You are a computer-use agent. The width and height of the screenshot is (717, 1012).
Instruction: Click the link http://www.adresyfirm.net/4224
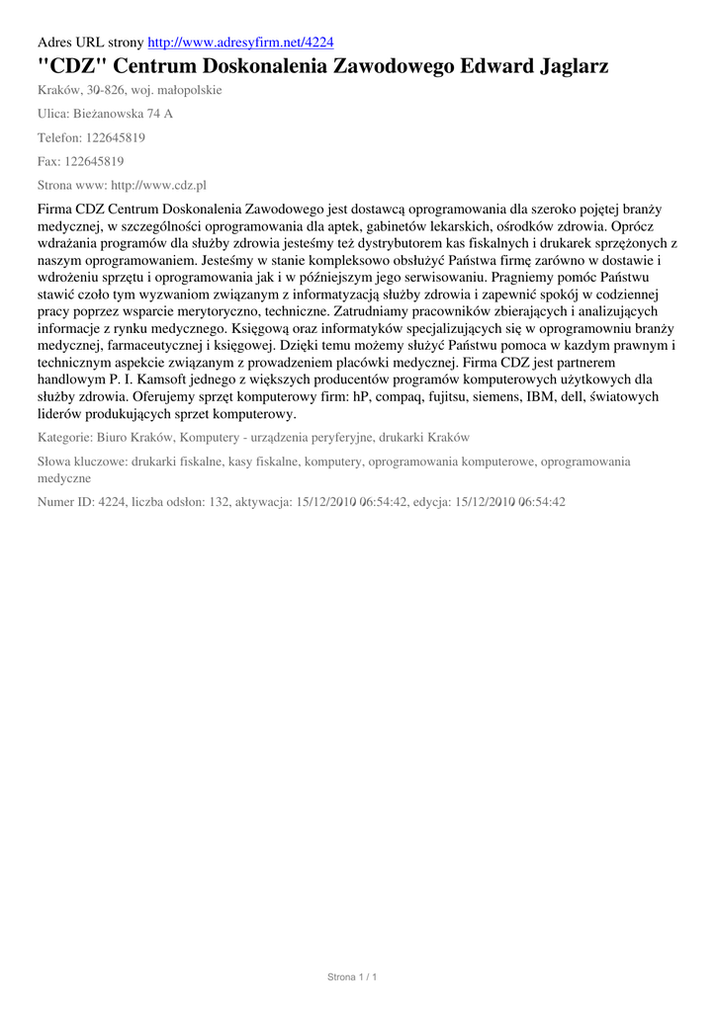240,42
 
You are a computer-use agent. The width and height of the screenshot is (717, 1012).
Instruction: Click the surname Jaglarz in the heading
560,66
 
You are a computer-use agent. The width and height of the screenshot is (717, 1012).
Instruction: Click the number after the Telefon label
116,137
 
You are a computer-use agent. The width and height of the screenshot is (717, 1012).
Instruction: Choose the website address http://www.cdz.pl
153,185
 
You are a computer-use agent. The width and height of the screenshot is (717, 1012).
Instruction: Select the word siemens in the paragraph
454,396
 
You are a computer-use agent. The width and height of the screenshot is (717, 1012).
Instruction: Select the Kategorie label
65,437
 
